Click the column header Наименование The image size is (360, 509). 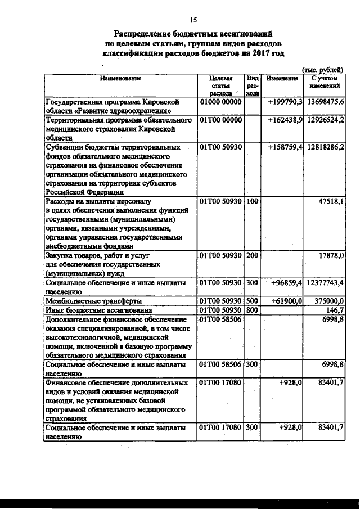120,78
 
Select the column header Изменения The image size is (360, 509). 282,78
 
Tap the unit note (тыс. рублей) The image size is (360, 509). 323,69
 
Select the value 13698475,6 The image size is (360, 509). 326,102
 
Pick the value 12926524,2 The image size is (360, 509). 326,120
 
